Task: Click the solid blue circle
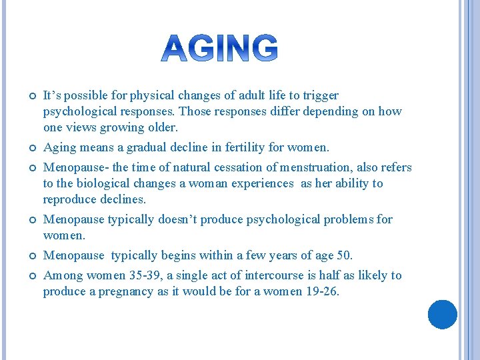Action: tap(443, 315)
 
